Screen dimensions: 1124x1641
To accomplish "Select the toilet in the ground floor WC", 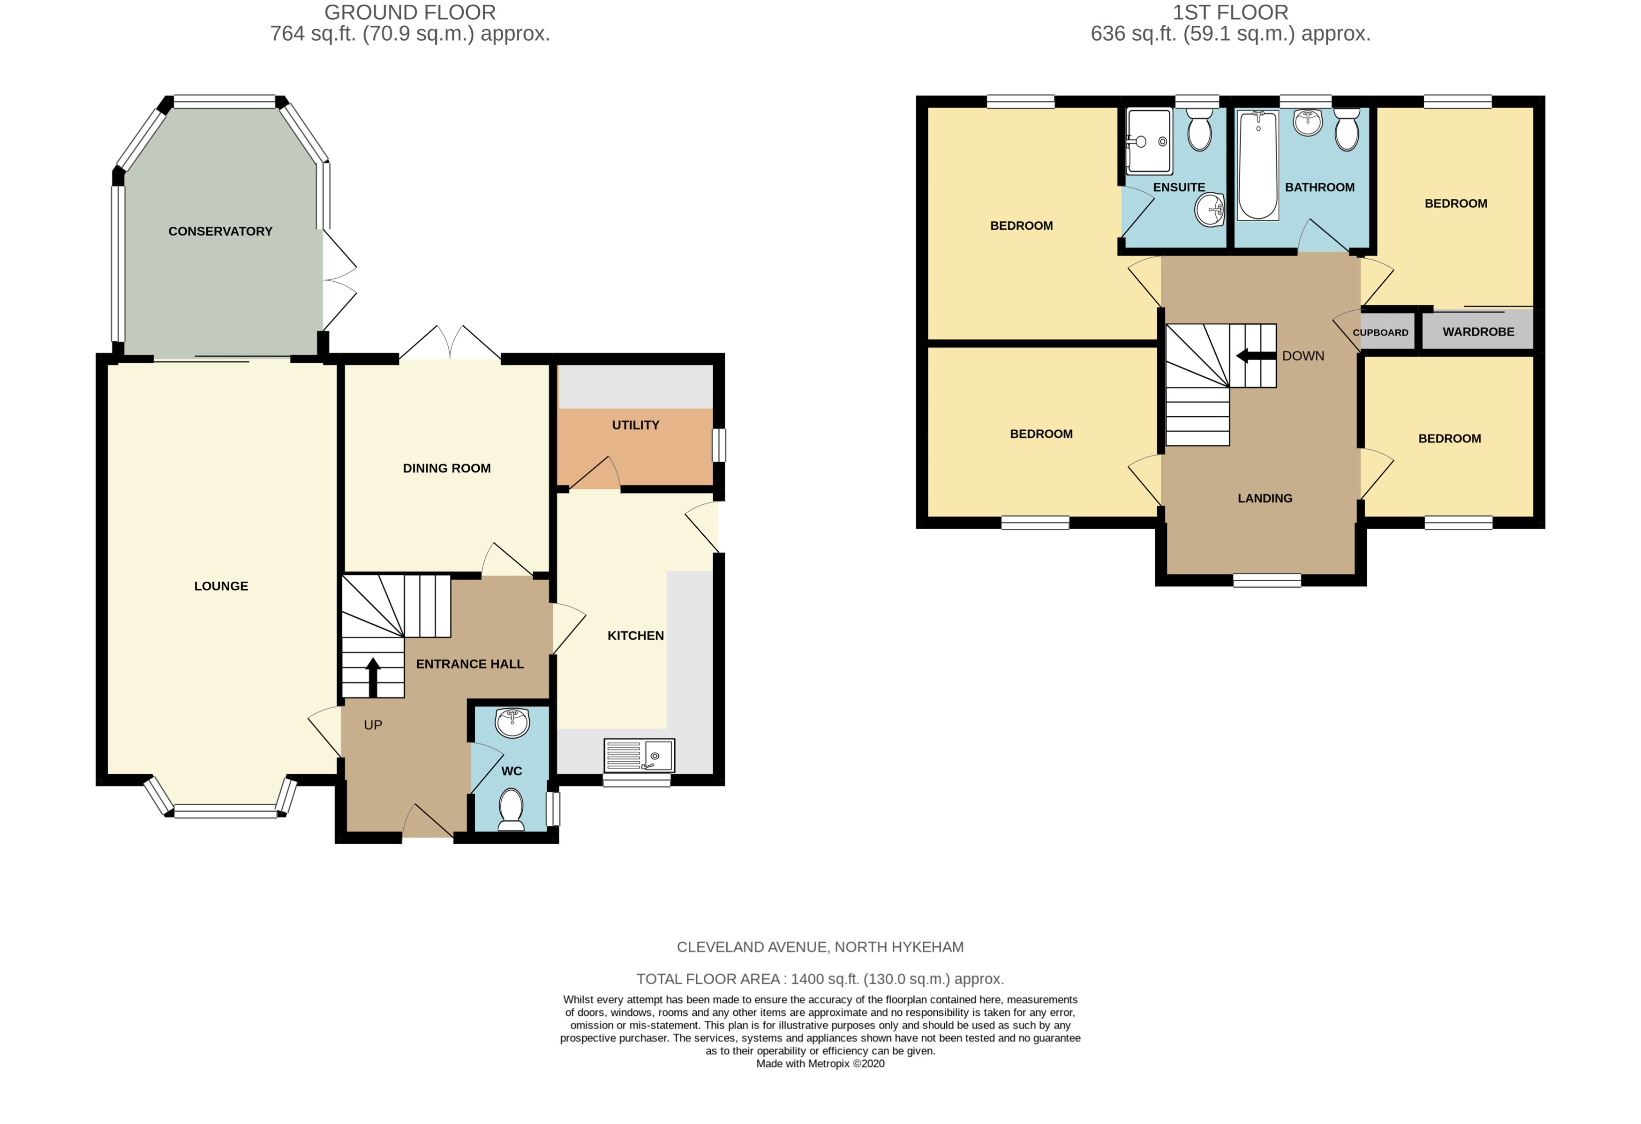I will click(511, 809).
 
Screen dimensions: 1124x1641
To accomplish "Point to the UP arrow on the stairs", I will click(372, 676).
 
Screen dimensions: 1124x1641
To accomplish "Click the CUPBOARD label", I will click(1380, 332).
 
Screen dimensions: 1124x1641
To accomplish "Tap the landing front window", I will click(1267, 580).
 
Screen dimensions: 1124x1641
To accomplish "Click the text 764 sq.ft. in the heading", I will click(313, 34).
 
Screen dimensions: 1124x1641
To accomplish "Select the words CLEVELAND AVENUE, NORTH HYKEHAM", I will click(820, 947).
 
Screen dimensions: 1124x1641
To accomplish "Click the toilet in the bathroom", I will click(1347, 131).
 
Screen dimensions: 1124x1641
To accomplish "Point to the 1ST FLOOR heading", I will click(1230, 12).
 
